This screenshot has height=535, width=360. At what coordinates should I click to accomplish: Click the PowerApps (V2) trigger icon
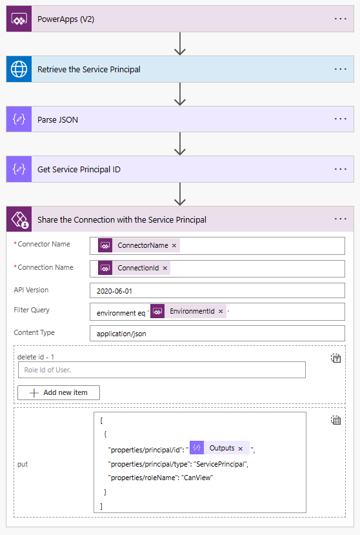coord(19,19)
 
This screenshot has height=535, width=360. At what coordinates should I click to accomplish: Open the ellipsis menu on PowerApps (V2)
coord(341,19)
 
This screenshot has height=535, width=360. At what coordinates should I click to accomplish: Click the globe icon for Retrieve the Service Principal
coord(19,69)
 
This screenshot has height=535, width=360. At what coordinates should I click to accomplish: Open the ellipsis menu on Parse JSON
coord(341,119)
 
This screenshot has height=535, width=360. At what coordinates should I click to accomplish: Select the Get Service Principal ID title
coord(79,170)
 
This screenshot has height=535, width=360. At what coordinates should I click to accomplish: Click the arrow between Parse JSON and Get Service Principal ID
coord(180,144)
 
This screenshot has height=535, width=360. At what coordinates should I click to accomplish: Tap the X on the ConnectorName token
coord(174,246)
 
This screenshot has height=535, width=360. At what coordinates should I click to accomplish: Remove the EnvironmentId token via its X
coord(221,312)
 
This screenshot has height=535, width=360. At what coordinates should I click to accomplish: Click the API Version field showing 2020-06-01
coord(217,290)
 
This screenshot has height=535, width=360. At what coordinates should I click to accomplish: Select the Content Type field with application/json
coord(217,333)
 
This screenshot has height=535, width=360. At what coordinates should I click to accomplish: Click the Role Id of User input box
coord(161,370)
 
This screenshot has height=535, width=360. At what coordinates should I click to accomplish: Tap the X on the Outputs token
coord(241,448)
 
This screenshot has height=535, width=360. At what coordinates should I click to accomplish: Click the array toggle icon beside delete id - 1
coord(336,358)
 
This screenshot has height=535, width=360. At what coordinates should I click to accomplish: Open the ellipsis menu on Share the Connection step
coord(341,219)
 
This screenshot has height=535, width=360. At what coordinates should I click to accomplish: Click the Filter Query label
coord(32,310)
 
